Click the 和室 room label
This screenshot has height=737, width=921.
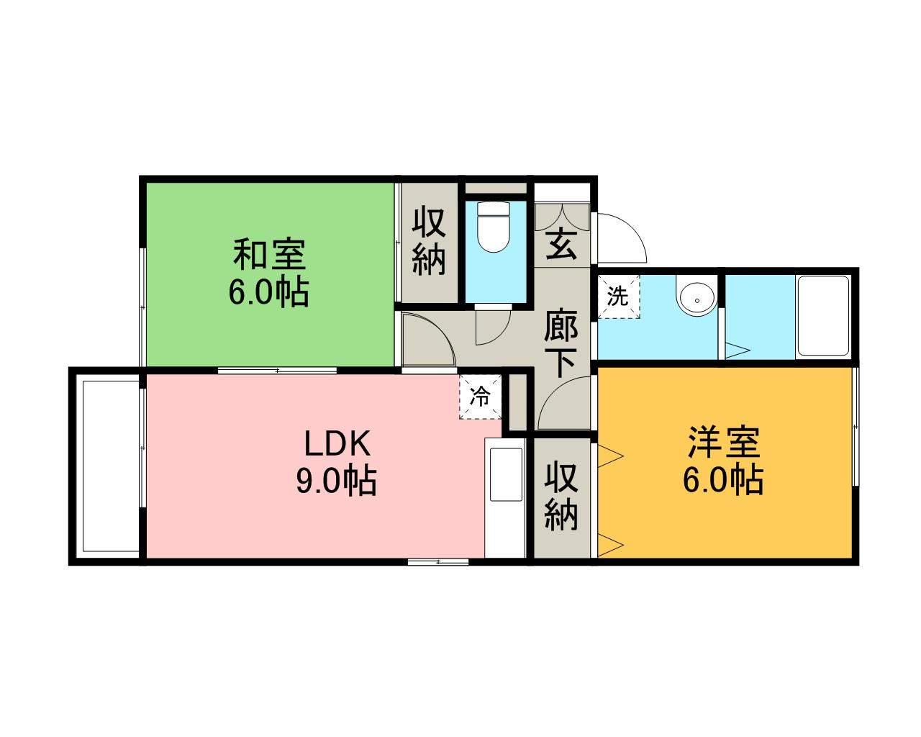pos(269,256)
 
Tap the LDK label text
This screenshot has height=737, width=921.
pos(337,445)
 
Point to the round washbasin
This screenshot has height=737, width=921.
pos(695,297)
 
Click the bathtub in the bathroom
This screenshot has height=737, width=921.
pos(823,316)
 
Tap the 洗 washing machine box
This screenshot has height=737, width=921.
pos(617,297)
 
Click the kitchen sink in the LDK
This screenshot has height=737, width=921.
pos(506,474)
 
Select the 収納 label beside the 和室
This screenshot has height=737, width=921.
pos(429,240)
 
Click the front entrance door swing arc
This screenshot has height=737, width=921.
pos(623,238)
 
